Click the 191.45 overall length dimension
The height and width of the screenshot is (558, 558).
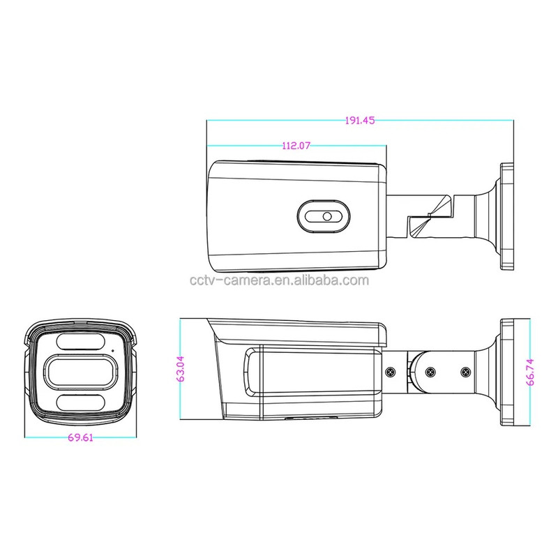pyautogui.click(x=360, y=120)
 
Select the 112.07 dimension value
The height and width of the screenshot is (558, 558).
pyautogui.click(x=296, y=146)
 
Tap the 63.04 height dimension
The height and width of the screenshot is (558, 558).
pyautogui.click(x=181, y=370)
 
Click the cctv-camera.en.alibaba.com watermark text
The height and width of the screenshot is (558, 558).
pyautogui.click(x=279, y=282)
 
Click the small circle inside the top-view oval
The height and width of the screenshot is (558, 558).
pyautogui.click(x=326, y=217)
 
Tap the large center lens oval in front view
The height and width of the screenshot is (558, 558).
pyautogui.click(x=80, y=372)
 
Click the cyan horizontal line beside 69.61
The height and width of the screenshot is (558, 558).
pyautogui.click(x=42, y=438)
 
